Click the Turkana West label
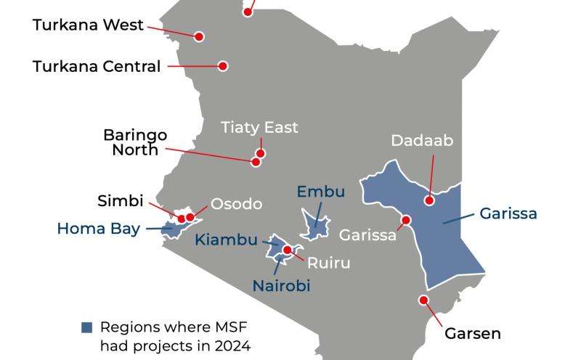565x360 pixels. (89, 25)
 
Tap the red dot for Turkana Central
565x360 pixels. (223, 66)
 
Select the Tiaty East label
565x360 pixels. (259, 128)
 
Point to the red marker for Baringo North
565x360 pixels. (256, 162)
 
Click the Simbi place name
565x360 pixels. (121, 201)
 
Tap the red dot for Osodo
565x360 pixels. (190, 217)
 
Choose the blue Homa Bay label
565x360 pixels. (98, 229)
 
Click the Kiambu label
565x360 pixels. (227, 240)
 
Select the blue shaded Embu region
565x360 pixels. (316, 224)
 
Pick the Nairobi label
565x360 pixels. (281, 285)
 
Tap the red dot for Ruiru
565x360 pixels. (288, 250)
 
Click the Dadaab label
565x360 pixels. (422, 140)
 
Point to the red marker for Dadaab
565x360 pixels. (430, 200)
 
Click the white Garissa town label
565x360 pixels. (368, 235)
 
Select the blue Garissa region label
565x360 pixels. (508, 213)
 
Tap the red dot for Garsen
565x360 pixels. (423, 300)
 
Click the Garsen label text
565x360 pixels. (472, 334)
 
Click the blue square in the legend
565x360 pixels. (87, 327)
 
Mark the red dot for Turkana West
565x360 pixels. (199, 36)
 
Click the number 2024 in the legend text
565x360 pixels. (232, 345)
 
